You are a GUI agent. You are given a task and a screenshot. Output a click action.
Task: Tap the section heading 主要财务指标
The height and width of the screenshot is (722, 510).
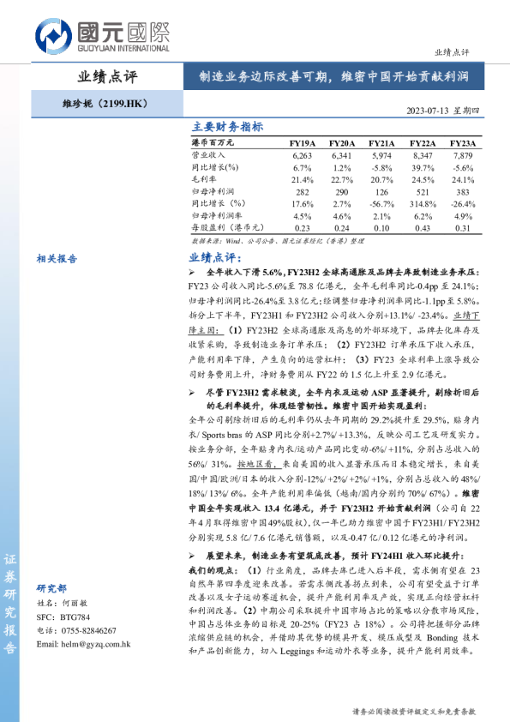tap(226, 126)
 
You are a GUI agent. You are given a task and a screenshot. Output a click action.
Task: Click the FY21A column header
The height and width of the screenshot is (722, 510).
tap(381, 143)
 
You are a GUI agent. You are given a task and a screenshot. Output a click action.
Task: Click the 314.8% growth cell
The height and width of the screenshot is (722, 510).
tap(422, 204)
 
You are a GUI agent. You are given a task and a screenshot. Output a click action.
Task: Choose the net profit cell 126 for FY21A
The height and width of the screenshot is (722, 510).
tap(381, 192)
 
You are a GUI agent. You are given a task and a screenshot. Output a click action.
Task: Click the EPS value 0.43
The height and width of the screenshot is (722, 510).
tap(422, 228)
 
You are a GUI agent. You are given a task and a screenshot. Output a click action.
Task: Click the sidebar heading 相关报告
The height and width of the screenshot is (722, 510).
tap(57, 257)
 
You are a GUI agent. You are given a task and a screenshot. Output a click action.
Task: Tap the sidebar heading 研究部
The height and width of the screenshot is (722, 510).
tap(52, 612)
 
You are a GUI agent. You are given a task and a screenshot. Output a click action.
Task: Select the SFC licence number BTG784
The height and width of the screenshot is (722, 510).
tap(74, 641)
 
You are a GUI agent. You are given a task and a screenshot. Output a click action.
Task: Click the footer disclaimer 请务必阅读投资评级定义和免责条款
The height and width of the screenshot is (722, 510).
tap(414, 711)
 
